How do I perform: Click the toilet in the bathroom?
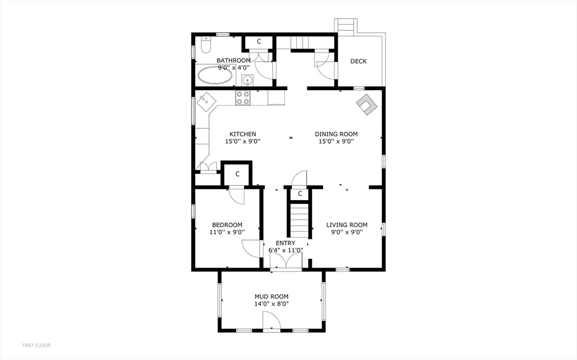point(206,45)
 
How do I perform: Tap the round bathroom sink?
point(247,80)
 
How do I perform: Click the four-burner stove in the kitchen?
point(243,98)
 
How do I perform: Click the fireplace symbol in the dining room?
point(366,105)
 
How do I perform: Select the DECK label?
point(358,61)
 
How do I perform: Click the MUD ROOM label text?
point(272,296)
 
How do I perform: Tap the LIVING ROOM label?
point(347,225)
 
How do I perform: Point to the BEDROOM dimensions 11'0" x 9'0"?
point(227,232)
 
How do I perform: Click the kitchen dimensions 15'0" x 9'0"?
point(243,141)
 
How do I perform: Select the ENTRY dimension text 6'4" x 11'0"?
point(286,250)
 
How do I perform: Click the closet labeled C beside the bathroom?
point(259,42)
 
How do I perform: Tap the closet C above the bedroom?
point(237,174)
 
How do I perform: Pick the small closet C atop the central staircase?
point(300,194)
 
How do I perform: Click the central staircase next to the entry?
point(300,220)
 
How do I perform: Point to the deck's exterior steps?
point(345,26)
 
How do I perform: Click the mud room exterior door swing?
point(272,320)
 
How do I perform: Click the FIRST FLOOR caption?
point(36,345)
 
